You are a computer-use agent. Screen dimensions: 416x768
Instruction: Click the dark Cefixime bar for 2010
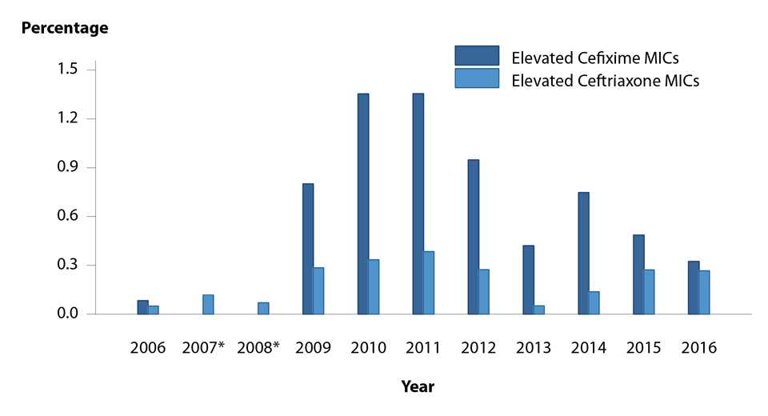coord(363,203)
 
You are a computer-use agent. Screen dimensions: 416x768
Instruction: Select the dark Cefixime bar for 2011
coord(418,203)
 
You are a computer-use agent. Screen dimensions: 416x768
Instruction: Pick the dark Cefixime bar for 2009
coord(308,249)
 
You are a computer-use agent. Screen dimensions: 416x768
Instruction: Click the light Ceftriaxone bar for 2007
coord(208,304)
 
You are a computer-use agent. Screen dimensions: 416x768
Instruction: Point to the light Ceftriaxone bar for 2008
coord(263,308)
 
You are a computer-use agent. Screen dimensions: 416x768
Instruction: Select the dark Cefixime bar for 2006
coord(142,307)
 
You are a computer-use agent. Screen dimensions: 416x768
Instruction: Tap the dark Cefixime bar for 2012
coord(474,237)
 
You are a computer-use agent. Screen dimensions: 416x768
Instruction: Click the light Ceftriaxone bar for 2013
coord(539,310)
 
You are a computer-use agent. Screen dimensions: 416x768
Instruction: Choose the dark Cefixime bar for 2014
coord(584,253)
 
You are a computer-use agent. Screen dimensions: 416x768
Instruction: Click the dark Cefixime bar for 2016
coord(694,287)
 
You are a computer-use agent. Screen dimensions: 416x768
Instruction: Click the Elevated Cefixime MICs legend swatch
coord(477,55)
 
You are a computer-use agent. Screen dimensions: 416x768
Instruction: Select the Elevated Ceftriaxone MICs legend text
coord(605,80)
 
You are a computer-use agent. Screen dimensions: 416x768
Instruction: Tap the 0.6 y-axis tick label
coord(66,216)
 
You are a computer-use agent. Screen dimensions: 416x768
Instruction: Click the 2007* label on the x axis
coord(203,348)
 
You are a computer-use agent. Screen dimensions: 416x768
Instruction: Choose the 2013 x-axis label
coord(534,348)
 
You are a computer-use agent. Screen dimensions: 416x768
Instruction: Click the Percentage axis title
coord(65,28)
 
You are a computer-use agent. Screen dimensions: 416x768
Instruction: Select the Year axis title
coord(418,387)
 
